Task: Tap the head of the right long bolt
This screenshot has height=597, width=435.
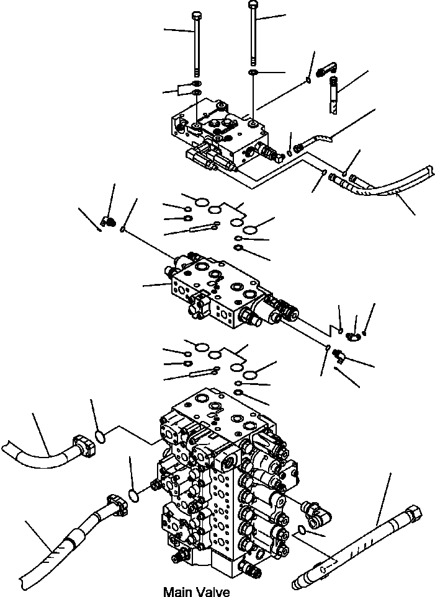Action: tap(253, 4)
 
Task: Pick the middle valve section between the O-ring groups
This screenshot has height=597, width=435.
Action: tap(223, 291)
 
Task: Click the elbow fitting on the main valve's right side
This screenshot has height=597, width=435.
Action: tap(315, 510)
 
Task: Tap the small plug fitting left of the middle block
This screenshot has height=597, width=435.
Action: tap(107, 221)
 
